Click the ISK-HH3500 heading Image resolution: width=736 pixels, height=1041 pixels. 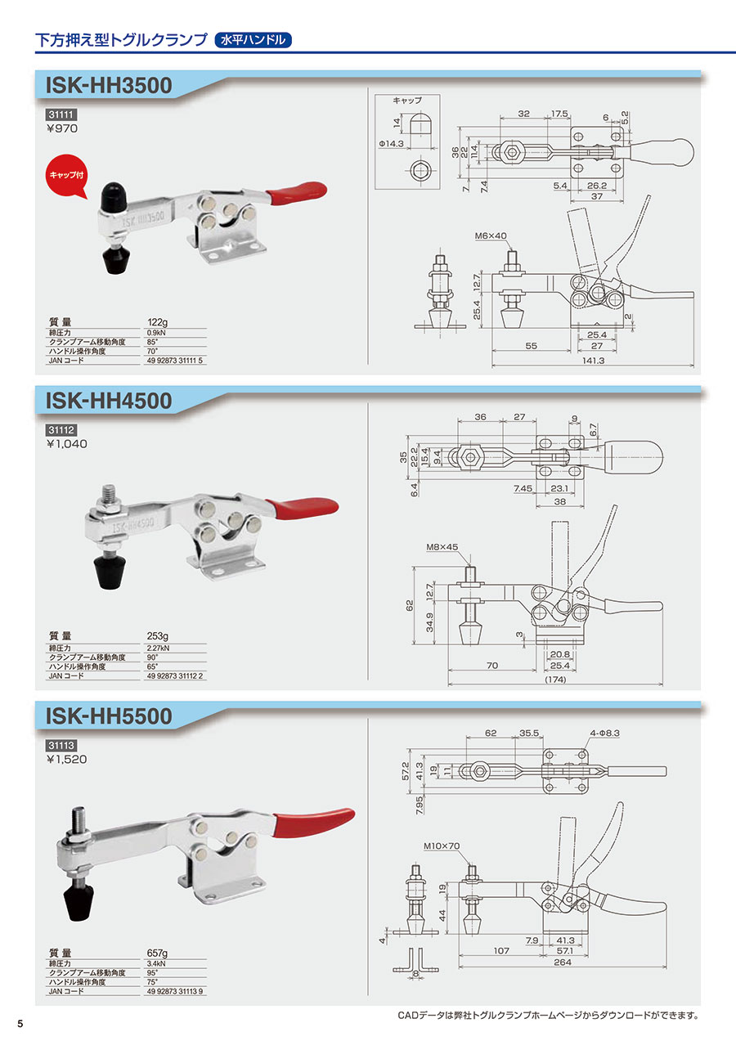[110, 85]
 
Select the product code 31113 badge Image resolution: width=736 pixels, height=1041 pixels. [61, 746]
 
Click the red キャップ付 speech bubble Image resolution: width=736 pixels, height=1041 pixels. [66, 177]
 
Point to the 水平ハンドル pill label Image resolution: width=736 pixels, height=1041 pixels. [253, 38]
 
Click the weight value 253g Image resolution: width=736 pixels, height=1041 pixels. [157, 635]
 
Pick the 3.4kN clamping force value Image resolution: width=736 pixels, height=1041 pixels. [156, 962]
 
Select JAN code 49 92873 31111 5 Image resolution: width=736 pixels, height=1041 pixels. [175, 361]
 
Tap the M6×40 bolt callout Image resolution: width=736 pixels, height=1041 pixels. [491, 236]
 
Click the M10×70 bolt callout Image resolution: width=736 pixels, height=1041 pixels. [442, 847]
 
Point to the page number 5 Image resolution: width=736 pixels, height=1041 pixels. [20, 1025]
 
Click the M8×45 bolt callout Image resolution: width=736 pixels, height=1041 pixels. [442, 547]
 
